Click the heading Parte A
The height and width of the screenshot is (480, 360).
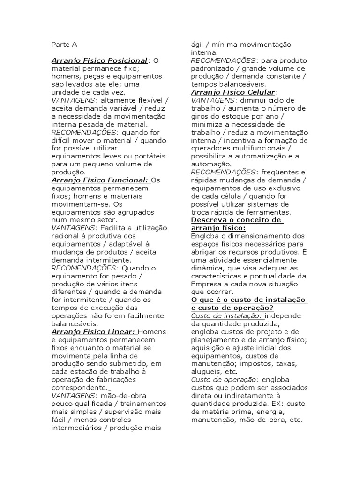tap(64, 45)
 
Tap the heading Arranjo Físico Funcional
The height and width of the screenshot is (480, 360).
tap(100, 180)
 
